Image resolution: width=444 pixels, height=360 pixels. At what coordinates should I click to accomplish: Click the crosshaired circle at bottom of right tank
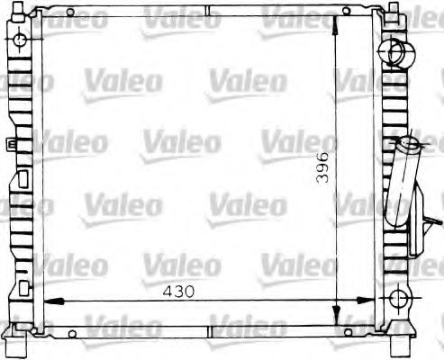397,300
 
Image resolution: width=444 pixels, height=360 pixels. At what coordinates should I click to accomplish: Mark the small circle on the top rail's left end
70,13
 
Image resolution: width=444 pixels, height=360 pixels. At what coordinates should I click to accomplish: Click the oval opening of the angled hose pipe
410,141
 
